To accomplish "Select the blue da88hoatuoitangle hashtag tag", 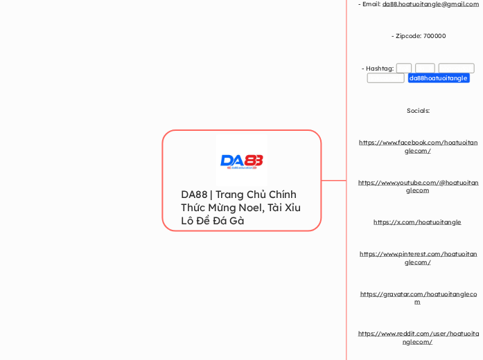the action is pyautogui.click(x=438, y=78).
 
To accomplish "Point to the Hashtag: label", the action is pyautogui.click(x=378, y=69).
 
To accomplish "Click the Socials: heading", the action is pyautogui.click(x=418, y=111).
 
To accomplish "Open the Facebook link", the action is pyautogui.click(x=418, y=146).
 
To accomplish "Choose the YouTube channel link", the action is pyautogui.click(x=418, y=186).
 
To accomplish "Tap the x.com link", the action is pyautogui.click(x=417, y=222).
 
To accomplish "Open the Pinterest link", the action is pyautogui.click(x=418, y=258).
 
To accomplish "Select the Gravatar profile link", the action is pyautogui.click(x=418, y=298).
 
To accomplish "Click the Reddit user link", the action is pyautogui.click(x=418, y=337).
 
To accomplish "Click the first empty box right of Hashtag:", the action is pyautogui.click(x=404, y=69).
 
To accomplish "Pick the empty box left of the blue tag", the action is pyautogui.click(x=385, y=78).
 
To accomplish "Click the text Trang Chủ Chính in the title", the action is pyautogui.click(x=256, y=195).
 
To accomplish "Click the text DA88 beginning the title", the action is pyautogui.click(x=194, y=195).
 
